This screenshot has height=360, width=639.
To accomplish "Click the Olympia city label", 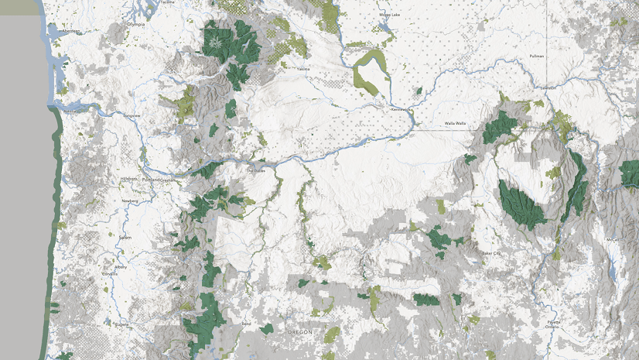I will [136, 24].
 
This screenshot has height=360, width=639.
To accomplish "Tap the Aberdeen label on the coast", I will [71, 31].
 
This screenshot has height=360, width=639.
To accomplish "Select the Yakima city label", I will [302, 69].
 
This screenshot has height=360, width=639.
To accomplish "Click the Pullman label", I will [536, 57].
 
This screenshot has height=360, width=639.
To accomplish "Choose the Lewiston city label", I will [548, 87].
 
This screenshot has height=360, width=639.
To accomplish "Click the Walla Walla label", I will [455, 123].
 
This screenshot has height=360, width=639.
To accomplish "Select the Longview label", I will [131, 115].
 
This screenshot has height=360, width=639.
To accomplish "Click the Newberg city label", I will [130, 201].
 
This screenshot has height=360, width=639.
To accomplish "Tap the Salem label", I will [125, 237].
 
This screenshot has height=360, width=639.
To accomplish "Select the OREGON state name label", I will [299, 331].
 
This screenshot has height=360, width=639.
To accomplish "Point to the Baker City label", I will [491, 253].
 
